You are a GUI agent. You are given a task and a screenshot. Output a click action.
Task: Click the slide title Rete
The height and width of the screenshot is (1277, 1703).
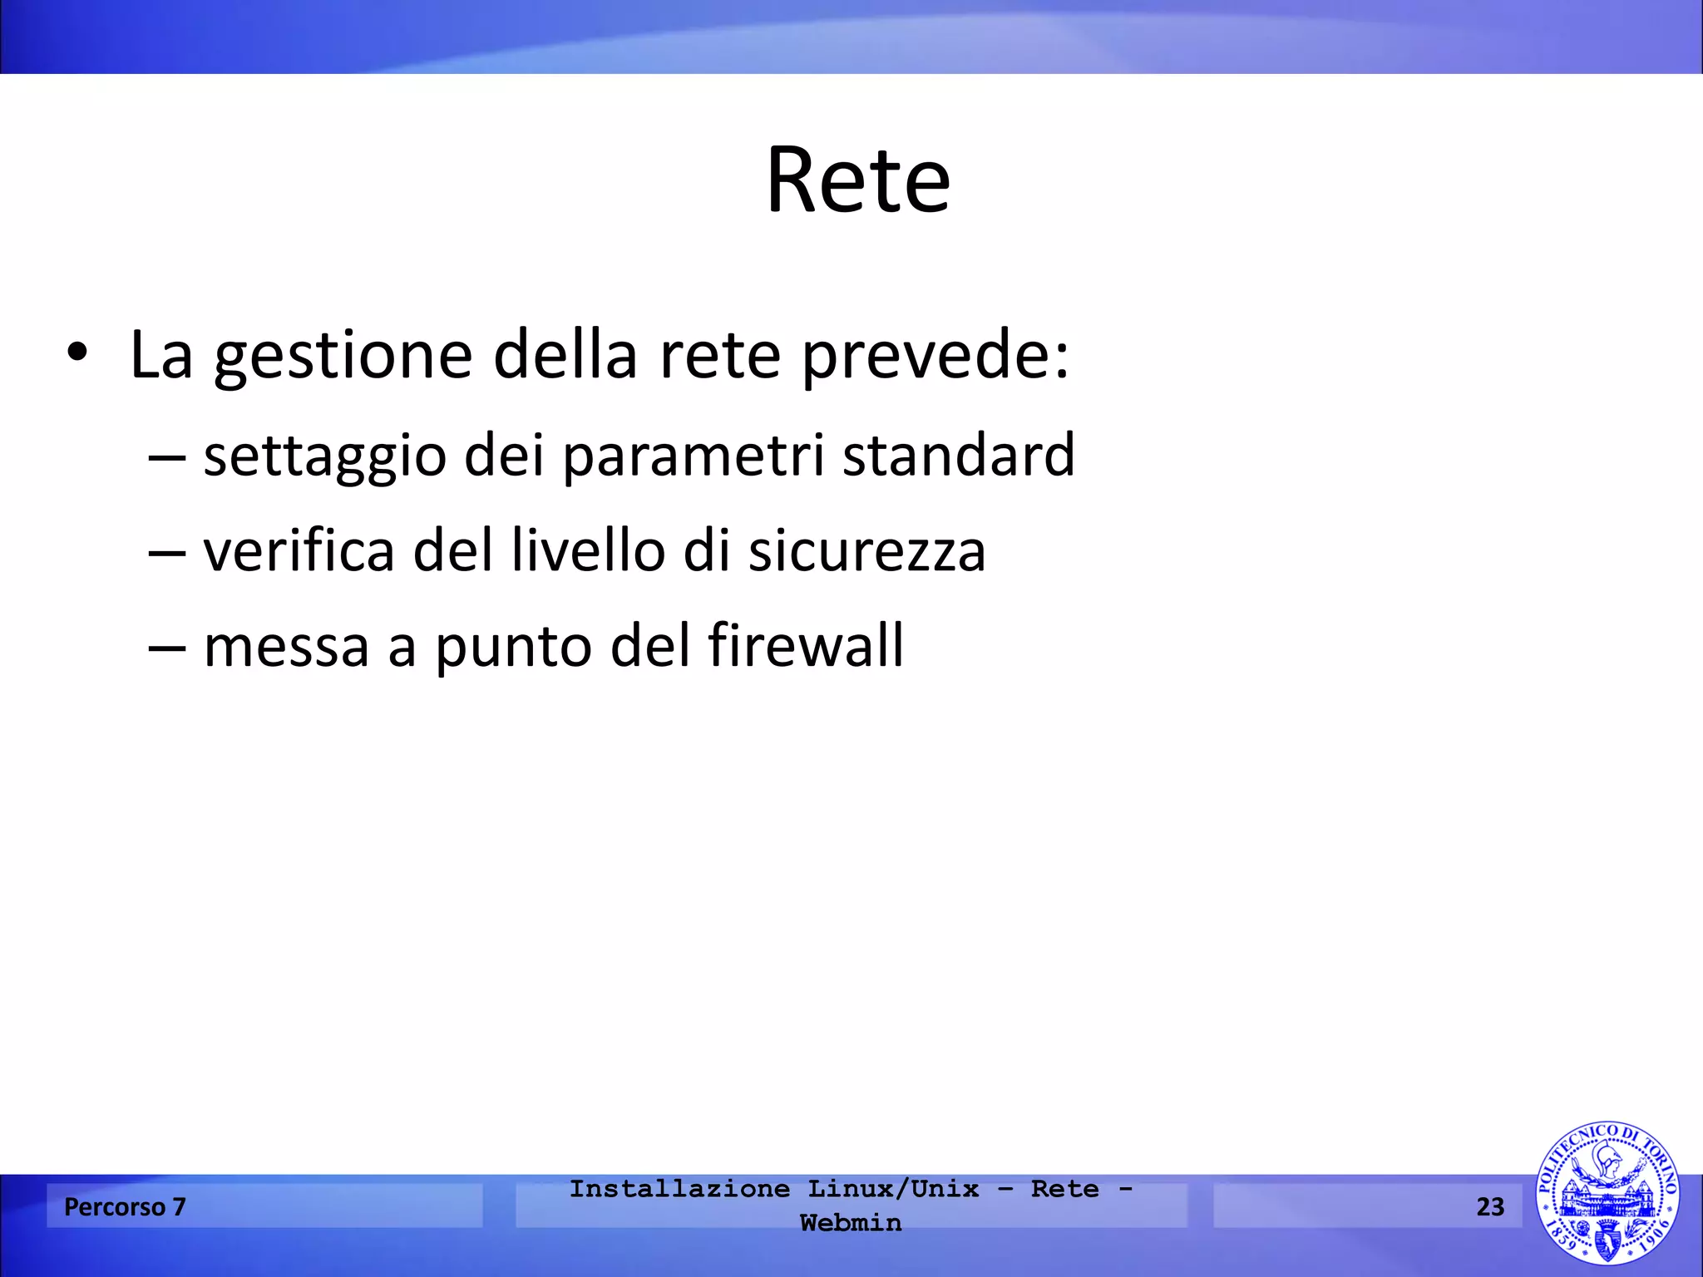857,180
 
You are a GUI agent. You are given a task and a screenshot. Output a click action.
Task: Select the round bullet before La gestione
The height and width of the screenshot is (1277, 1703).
77,353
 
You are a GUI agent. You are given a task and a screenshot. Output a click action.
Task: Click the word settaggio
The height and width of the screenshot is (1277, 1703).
324,456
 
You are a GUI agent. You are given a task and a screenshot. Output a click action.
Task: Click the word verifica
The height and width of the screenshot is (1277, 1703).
299,550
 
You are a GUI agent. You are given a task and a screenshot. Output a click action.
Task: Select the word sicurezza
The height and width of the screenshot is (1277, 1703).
866,552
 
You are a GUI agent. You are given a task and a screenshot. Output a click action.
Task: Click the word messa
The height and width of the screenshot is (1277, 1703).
286,646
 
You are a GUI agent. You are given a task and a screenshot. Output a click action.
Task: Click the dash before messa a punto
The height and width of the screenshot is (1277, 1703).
166,648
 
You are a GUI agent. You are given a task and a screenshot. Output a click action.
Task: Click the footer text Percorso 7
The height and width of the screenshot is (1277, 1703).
125,1206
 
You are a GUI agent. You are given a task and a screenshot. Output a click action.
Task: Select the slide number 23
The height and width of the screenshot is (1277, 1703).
1490,1206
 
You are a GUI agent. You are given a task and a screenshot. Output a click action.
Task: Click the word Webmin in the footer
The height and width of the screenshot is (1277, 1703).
851,1223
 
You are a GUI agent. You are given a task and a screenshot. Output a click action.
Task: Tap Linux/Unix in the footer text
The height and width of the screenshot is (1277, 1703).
893,1189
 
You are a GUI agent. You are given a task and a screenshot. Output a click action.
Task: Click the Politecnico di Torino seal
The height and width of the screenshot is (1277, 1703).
1607,1193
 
